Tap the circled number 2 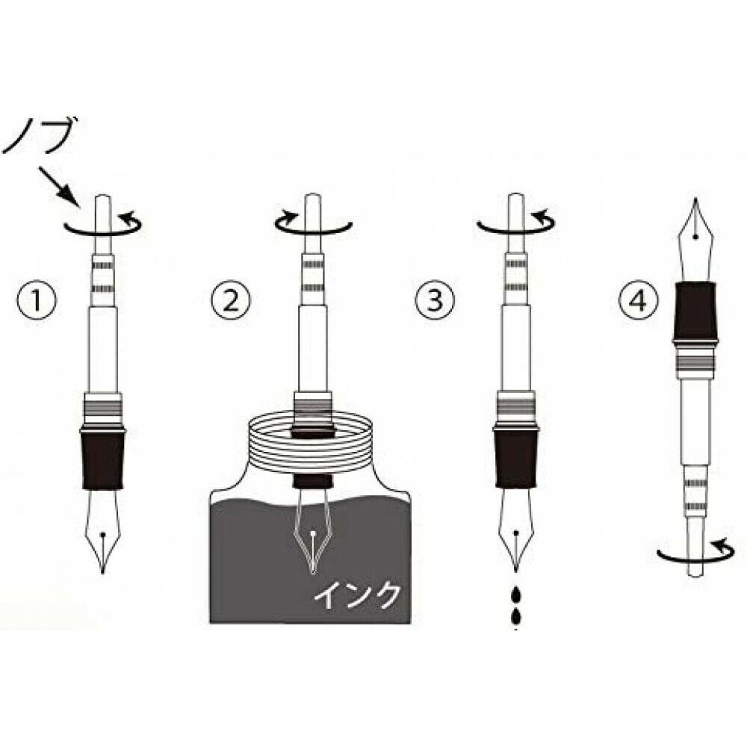(231, 301)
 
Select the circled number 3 (435, 301)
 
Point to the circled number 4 (639, 301)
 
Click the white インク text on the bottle (356, 596)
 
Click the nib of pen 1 (103, 531)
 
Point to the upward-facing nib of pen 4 (696, 240)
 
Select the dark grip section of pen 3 (516, 457)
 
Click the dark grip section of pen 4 (696, 311)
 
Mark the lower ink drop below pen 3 (516, 616)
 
